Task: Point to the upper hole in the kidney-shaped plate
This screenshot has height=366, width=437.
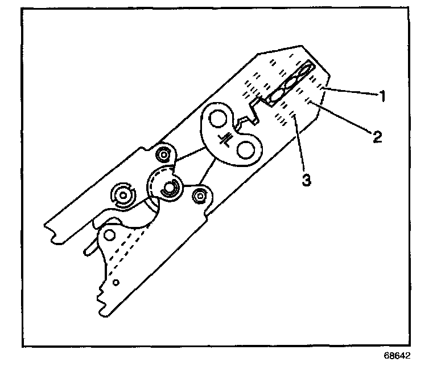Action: (x=217, y=120)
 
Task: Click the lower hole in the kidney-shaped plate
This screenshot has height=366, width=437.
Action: (x=245, y=150)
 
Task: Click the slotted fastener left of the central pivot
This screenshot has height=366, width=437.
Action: (x=122, y=196)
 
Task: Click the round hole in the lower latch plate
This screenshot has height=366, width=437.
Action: (x=110, y=234)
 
